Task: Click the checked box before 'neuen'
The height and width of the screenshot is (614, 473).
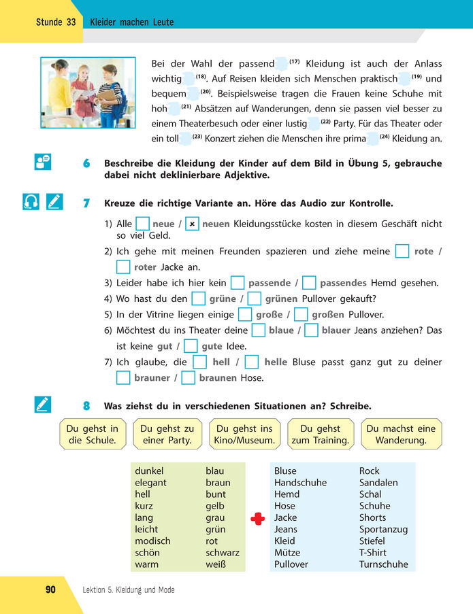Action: (193, 224)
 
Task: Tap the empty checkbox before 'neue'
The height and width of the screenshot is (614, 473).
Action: (142, 224)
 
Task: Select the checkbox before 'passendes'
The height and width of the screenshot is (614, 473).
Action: (309, 283)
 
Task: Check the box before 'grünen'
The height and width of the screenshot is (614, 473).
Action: (255, 299)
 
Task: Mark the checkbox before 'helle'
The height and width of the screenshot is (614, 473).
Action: (252, 362)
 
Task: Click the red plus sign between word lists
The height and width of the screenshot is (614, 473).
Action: (257, 518)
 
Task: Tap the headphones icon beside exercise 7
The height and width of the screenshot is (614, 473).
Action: (31, 202)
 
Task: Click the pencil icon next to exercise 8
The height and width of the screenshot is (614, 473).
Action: (42, 406)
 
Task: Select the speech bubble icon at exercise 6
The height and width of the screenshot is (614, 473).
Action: (42, 163)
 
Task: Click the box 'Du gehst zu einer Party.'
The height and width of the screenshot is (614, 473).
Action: (167, 434)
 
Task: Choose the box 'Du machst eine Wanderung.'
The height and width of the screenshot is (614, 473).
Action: (401, 434)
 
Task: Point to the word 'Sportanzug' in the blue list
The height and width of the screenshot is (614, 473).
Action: (383, 529)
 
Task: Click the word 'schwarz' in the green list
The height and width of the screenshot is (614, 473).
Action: (223, 553)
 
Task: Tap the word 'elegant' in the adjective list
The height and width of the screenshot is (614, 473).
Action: (150, 483)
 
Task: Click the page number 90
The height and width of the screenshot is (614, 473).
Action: (50, 590)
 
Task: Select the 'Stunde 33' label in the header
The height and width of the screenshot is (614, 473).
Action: (56, 22)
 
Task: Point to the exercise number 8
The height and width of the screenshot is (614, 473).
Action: (86, 407)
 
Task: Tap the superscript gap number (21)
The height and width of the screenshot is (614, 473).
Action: (186, 107)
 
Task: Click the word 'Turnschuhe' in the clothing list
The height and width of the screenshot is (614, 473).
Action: (384, 564)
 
